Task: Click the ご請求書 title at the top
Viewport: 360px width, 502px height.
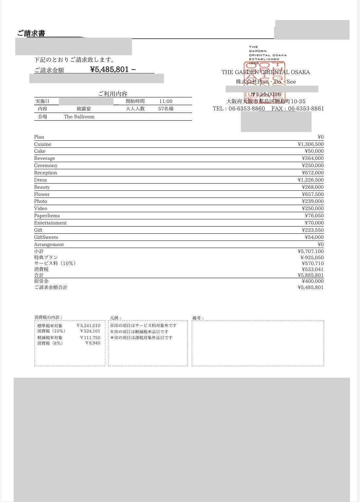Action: pos(31,33)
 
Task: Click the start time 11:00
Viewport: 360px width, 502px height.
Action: pos(166,102)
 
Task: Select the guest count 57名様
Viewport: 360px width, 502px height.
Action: pos(166,109)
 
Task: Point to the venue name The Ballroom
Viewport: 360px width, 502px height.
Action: pos(79,117)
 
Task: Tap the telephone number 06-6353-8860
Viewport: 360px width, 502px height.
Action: pos(247,109)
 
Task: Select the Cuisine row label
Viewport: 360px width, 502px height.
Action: pos(43,144)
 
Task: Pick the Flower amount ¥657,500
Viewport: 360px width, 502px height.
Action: pos(313,194)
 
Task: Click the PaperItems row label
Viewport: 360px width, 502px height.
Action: pos(47,216)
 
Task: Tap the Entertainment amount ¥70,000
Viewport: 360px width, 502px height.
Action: pos(314,223)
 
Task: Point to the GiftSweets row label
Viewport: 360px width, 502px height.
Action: pos(46,237)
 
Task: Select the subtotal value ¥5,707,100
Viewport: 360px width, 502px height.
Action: pos(311,251)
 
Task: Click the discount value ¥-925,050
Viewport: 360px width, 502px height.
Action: pos(312,258)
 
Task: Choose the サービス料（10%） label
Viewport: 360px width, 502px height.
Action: pos(55,263)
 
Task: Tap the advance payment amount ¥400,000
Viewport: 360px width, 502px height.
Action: pos(313,281)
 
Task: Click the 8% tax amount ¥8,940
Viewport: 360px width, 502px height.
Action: pos(93,343)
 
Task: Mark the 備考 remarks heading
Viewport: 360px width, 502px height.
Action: pos(198,318)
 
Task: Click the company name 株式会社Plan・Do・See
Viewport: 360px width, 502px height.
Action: pos(266,82)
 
